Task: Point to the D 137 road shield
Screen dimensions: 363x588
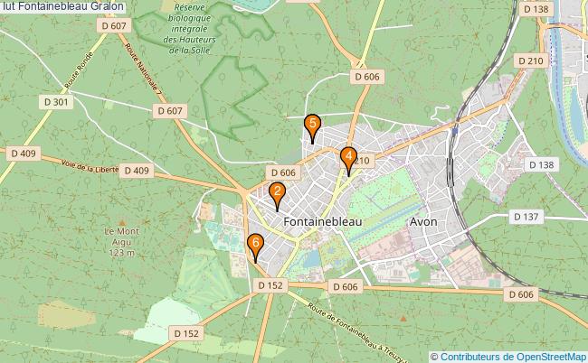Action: coord(526,217)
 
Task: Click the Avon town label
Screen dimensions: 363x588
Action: coord(423,220)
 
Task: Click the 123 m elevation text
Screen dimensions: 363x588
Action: coord(119,254)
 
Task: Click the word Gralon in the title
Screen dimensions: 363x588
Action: coord(108,6)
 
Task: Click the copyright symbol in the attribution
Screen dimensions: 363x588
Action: coord(434,356)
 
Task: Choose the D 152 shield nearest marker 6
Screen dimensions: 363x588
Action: coord(270,284)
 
